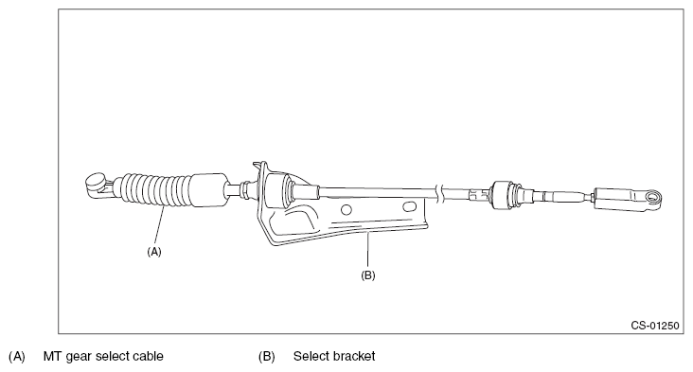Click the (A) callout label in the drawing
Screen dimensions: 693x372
[154, 252]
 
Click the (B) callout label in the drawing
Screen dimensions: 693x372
[368, 275]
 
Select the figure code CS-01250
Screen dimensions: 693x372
[654, 326]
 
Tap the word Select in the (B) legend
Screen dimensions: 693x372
[309, 356]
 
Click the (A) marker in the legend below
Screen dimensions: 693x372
[17, 356]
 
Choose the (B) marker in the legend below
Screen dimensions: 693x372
[267, 356]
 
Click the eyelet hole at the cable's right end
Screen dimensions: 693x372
[653, 197]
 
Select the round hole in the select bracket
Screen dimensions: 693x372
[346, 209]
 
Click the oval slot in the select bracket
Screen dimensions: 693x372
[410, 206]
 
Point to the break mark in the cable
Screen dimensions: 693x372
[438, 194]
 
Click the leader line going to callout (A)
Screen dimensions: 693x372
[159, 226]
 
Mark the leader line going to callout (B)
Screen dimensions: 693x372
[367, 251]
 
